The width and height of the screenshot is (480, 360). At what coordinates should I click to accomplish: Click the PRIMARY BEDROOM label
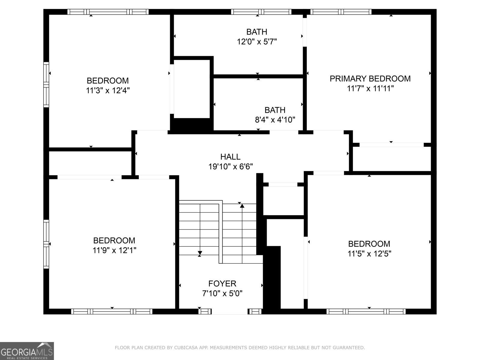(x=370, y=79)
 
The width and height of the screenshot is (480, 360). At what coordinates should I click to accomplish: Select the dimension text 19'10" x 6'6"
(x=230, y=166)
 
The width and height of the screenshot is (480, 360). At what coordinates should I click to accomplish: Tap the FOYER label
(x=222, y=283)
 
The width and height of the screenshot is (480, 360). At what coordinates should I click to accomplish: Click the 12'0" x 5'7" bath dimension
(x=257, y=41)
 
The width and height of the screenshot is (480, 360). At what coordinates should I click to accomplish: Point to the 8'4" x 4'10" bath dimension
(x=275, y=120)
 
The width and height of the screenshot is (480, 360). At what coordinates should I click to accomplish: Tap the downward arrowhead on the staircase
(x=200, y=253)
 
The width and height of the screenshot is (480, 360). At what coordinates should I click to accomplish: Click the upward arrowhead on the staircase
(x=242, y=206)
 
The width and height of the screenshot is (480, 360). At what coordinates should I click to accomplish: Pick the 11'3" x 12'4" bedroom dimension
(x=108, y=90)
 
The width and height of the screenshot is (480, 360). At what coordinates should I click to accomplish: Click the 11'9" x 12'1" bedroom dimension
(x=114, y=250)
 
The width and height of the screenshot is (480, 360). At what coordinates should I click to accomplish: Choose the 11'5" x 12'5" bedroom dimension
(x=369, y=254)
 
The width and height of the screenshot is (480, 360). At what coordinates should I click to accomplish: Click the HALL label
(x=230, y=157)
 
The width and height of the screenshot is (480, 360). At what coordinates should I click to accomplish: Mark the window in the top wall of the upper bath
(x=261, y=12)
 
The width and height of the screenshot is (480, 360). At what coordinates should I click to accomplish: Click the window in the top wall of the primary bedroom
(x=341, y=12)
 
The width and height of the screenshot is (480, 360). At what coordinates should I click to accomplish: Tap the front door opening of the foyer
(x=230, y=311)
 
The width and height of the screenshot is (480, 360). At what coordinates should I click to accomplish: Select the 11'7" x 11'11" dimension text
(x=370, y=88)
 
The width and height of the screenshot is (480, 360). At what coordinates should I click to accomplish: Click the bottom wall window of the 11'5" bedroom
(x=366, y=311)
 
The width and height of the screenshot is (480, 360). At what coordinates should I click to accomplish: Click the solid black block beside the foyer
(x=272, y=277)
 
